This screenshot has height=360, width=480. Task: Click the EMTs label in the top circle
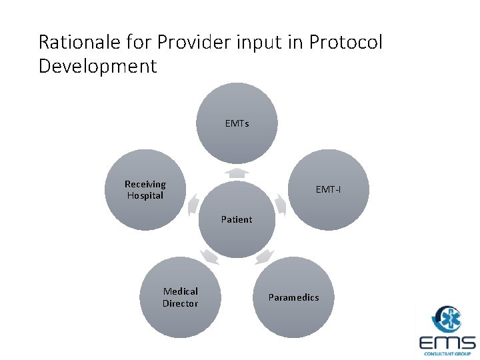[237, 123]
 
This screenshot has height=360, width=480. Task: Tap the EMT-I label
[328, 190]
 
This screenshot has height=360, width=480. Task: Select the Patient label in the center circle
[237, 219]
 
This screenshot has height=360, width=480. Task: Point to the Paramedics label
[293, 297]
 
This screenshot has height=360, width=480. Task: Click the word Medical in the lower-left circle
[181, 291]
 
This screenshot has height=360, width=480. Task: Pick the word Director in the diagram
[180, 303]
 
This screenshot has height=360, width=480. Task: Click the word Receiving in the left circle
[145, 184]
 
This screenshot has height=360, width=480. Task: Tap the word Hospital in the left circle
[145, 195]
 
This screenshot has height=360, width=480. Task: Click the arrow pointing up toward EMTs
[237, 173]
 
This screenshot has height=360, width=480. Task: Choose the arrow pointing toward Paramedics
[264, 256]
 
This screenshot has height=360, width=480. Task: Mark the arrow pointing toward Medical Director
[209, 256]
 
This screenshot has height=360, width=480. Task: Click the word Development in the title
[97, 67]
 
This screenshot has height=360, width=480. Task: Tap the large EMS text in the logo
[447, 343]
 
